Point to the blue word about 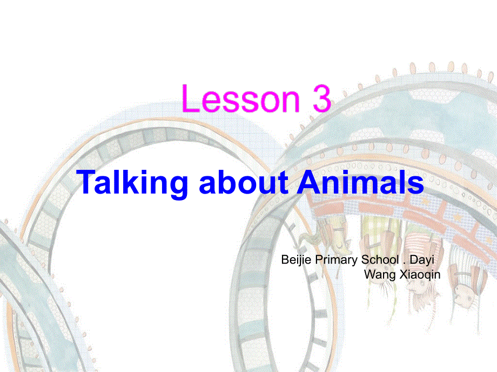(x=244, y=183)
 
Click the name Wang (x=377, y=274)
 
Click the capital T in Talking (x=87, y=183)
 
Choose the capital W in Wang (x=370, y=274)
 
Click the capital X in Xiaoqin (x=402, y=274)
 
